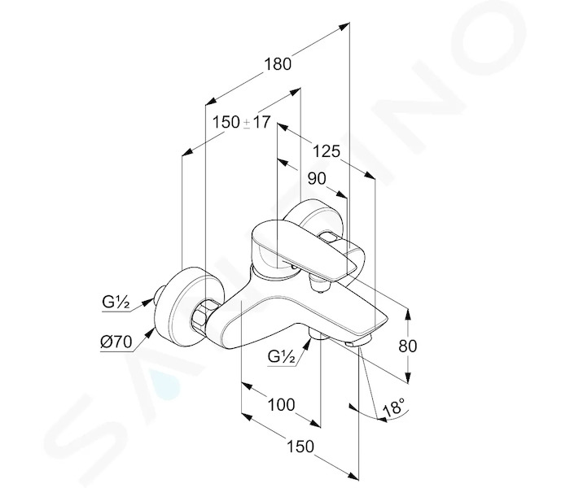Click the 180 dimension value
(278, 64)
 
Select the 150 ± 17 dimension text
(241, 122)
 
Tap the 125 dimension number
(327, 151)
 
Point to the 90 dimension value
(317, 179)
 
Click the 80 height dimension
(407, 346)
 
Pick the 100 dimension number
(282, 404)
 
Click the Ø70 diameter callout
(116, 342)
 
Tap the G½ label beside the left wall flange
(116, 302)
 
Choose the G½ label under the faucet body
(281, 356)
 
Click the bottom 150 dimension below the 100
(300, 447)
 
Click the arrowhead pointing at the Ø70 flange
(149, 333)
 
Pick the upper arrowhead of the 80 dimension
(408, 314)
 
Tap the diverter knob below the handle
(318, 283)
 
